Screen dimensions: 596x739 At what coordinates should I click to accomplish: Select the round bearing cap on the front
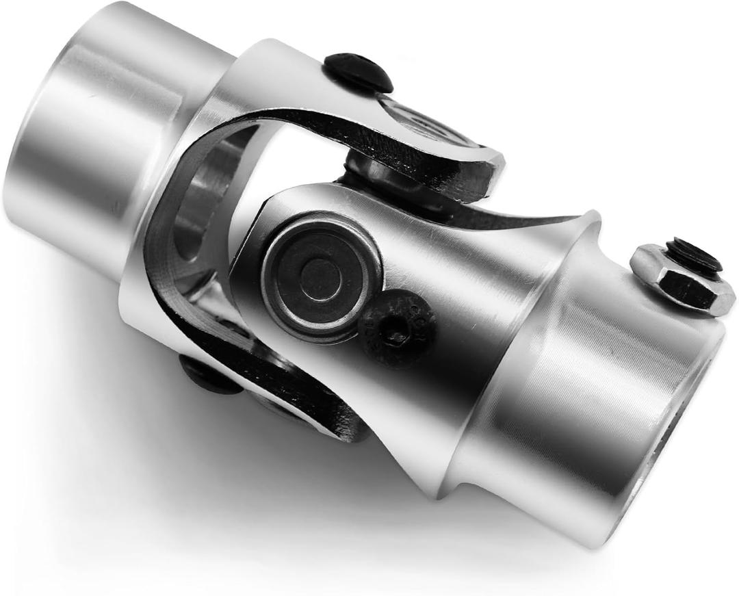(321, 278)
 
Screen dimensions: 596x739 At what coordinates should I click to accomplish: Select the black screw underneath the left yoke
(209, 375)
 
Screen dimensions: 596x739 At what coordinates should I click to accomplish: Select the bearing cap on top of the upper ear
(424, 123)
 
